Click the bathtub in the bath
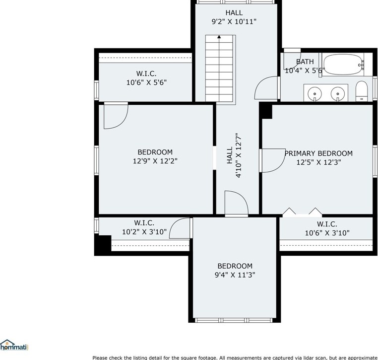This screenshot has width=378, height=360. pos(343,65)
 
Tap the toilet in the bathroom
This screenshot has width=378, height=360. pos(361,91)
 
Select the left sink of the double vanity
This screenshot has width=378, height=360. pos(315,93)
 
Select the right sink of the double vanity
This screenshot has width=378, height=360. pos(337,93)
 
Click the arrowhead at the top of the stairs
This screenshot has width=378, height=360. pos(219,37)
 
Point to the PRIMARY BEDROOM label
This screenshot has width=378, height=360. pos(318,153)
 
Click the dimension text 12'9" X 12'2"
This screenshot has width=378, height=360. pos(155,161)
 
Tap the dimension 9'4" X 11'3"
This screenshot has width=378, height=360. pos(235,275)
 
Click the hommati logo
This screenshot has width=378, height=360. pos(14,345)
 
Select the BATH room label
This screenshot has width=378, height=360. pos(305,62)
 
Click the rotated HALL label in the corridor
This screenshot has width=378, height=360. pos(230,155)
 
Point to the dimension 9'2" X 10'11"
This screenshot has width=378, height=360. pos(234,22)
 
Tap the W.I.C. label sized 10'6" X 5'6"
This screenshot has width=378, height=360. pos(146,73)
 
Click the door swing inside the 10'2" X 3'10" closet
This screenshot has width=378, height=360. pos(180,228)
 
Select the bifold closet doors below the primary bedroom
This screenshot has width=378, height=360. pos(302,212)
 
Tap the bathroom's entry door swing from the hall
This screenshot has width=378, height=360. pos(266,88)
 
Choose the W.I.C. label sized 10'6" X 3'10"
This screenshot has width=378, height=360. pos(327,224)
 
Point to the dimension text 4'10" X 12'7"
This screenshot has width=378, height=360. pos(239,155)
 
